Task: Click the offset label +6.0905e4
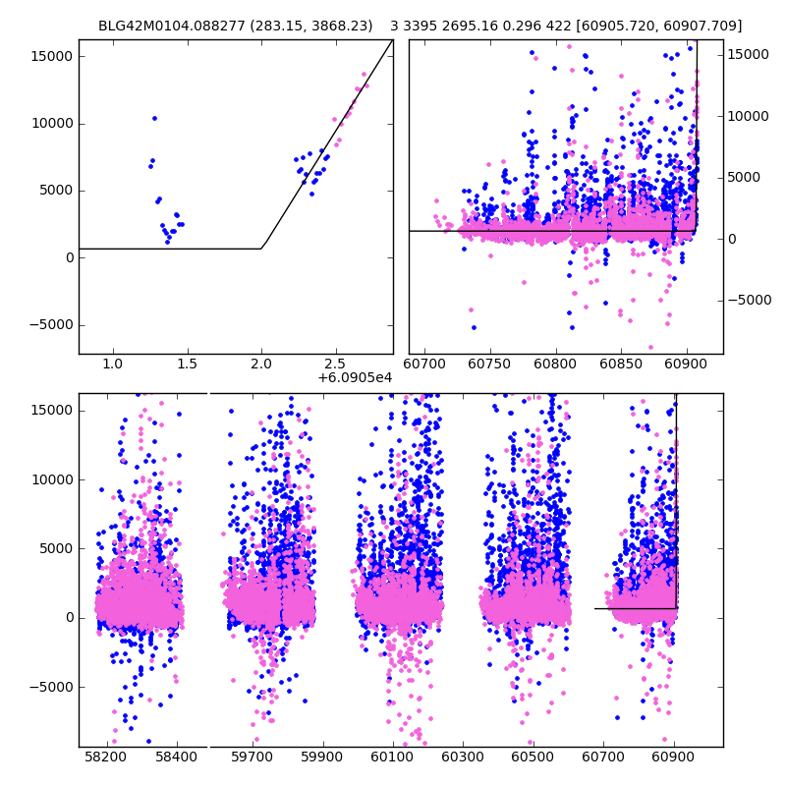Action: [355, 377]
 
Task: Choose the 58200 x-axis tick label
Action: [105, 758]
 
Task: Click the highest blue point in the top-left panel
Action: [154, 118]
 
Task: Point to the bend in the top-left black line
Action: [261, 248]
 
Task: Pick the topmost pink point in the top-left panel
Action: [364, 74]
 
